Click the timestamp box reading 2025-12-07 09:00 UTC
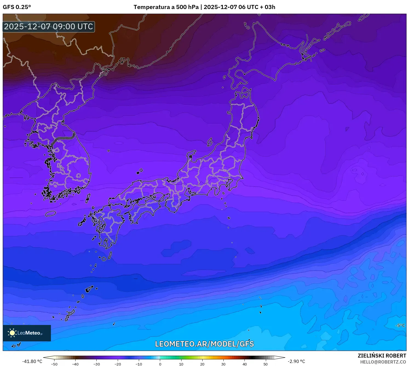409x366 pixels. tap(49, 27)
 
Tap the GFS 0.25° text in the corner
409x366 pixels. tap(17, 7)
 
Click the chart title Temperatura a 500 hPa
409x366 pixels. tap(166, 7)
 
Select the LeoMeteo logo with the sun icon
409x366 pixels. tap(27, 333)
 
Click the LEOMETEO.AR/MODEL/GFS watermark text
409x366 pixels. tap(204, 344)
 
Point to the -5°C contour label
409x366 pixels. tap(400, 326)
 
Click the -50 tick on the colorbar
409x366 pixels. tap(54, 364)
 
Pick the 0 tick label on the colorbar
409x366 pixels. tap(160, 364)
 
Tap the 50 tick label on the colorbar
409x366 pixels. tap(266, 364)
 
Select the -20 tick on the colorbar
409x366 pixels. tap(117, 364)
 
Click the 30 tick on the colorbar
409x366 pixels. tap(223, 364)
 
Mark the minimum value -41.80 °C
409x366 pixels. tap(32, 361)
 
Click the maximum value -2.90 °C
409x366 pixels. tap(296, 361)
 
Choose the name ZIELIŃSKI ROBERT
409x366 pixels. tap(382, 356)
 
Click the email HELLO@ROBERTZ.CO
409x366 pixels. tap(383, 362)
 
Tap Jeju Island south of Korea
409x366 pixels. tap(51, 213)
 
